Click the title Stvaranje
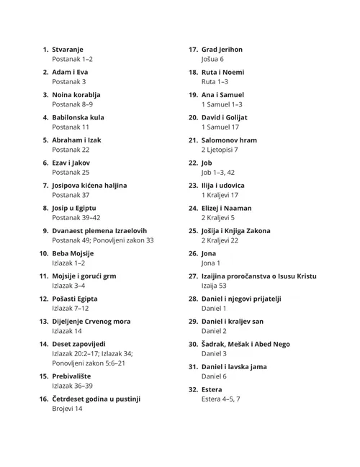coord(68,50)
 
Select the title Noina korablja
coord(76,95)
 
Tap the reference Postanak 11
coord(71,127)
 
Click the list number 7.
coord(46,186)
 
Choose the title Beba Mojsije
coord(73,253)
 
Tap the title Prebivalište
coord(75,376)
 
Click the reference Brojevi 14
coord(68,408)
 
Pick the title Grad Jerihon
coord(222,50)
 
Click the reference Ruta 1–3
coord(215,82)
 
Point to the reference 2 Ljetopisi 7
coord(220,150)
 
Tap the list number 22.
coord(193,163)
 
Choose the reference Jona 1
coord(212,263)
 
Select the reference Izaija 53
coord(215,286)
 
